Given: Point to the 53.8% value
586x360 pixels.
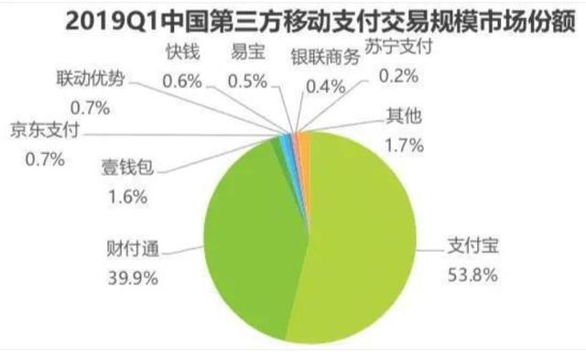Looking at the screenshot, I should [x=469, y=272].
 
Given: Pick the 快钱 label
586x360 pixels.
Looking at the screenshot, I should [x=181, y=55].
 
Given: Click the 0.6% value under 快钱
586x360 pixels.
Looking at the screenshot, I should [x=181, y=80].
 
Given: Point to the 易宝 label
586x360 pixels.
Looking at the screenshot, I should [x=248, y=55].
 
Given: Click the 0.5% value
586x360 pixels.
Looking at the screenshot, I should [x=248, y=80].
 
